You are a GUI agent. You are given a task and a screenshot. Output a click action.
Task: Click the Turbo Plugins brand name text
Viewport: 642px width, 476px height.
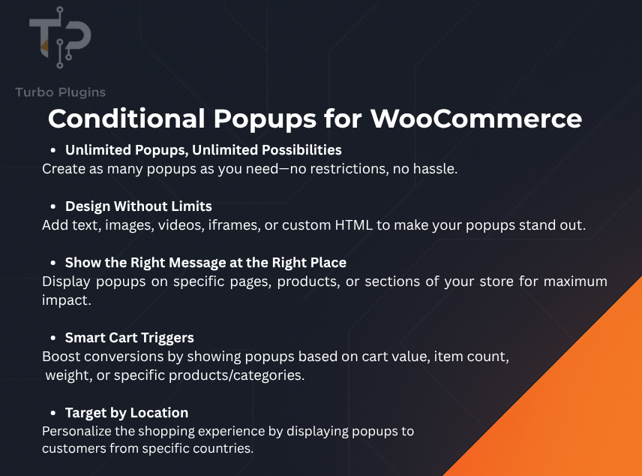pyautogui.click(x=60, y=92)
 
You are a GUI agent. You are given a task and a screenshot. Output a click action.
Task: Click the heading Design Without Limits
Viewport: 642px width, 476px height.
pyautogui.click(x=139, y=206)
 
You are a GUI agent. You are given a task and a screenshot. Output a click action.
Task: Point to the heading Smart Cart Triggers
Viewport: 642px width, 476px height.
pyautogui.click(x=130, y=338)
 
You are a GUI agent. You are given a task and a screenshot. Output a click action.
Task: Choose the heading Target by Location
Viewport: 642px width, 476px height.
pyautogui.click(x=127, y=413)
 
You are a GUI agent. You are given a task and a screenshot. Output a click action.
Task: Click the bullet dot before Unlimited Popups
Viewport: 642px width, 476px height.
pyautogui.click(x=53, y=150)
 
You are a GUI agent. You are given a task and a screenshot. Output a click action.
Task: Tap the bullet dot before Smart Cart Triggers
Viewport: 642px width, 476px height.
pyautogui.click(x=53, y=339)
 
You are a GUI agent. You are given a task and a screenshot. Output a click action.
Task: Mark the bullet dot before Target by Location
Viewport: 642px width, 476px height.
pyautogui.click(x=53, y=414)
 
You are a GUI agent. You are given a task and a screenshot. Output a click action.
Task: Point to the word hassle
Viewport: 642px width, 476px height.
pyautogui.click(x=436, y=169)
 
